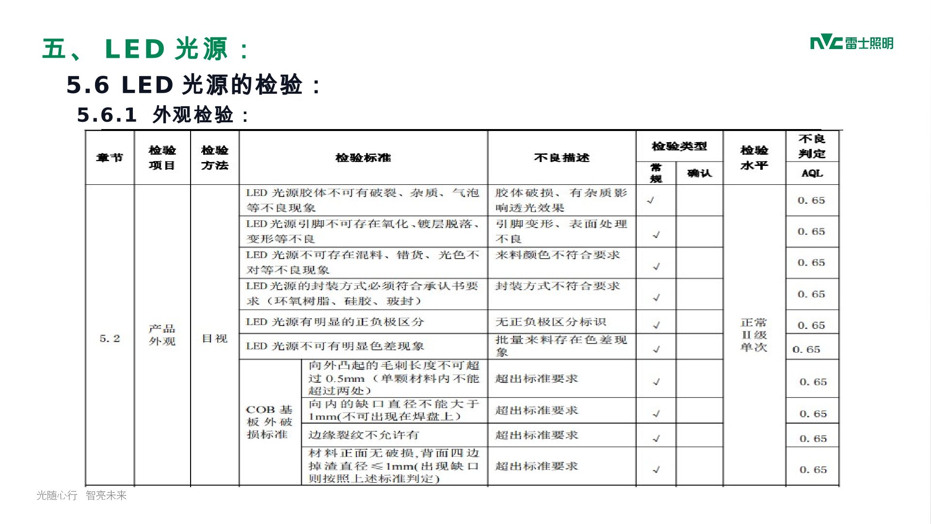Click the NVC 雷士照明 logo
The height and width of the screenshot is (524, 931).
(851, 43)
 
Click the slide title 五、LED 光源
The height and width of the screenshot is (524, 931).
(145, 49)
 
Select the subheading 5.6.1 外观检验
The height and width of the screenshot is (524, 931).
(163, 115)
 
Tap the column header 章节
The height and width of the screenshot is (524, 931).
(110, 158)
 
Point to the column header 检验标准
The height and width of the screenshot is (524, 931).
(363, 158)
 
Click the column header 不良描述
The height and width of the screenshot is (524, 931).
(562, 158)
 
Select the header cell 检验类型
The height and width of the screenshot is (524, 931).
(679, 146)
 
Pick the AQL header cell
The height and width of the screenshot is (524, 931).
(812, 173)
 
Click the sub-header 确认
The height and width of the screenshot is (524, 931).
(699, 173)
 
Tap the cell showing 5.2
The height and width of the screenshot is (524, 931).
(110, 339)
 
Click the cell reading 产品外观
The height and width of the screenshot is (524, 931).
(162, 335)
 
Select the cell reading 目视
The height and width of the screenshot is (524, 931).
(214, 339)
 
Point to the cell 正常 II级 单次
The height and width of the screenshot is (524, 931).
(754, 335)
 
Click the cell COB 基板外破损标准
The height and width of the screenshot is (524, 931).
(270, 422)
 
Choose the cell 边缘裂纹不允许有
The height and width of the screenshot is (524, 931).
(364, 435)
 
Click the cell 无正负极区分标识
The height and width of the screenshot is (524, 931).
(551, 322)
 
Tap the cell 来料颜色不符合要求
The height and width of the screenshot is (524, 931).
(558, 255)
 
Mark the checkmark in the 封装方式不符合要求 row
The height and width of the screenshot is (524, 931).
(656, 298)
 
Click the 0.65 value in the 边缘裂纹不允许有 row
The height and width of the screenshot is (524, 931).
(813, 439)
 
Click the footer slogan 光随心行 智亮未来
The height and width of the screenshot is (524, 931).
(81, 495)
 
